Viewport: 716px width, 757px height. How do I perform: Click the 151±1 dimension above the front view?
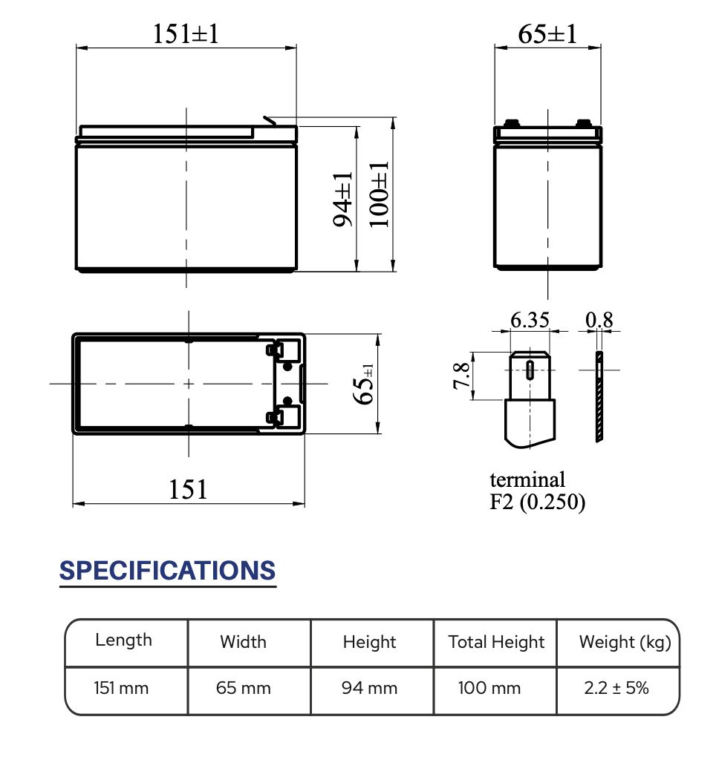coord(186,33)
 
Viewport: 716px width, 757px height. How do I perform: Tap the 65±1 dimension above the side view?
coord(547,33)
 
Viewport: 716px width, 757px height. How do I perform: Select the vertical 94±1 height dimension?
coord(343,199)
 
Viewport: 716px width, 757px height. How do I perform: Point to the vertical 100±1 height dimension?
coord(379,194)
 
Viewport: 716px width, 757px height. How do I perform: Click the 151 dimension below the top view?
coord(188,489)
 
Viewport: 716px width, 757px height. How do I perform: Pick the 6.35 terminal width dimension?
coord(530,320)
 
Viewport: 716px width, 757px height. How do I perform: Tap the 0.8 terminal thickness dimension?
coord(599,320)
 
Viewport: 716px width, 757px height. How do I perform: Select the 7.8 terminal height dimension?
coord(461,376)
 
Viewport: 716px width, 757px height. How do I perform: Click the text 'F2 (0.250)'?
coord(538,502)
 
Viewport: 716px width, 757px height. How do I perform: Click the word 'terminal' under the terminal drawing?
coord(527,479)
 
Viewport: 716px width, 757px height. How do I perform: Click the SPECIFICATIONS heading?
coord(167,571)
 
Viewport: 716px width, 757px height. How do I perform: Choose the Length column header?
coord(123,640)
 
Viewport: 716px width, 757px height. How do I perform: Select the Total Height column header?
coord(496,642)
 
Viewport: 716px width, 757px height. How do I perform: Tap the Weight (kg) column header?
coord(625,642)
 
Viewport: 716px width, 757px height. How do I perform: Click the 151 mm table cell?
coord(121,688)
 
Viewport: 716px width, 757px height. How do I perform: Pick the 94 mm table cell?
coord(369,688)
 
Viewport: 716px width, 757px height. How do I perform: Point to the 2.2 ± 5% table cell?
coord(616,688)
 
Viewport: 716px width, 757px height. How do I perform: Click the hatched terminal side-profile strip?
coord(599,398)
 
